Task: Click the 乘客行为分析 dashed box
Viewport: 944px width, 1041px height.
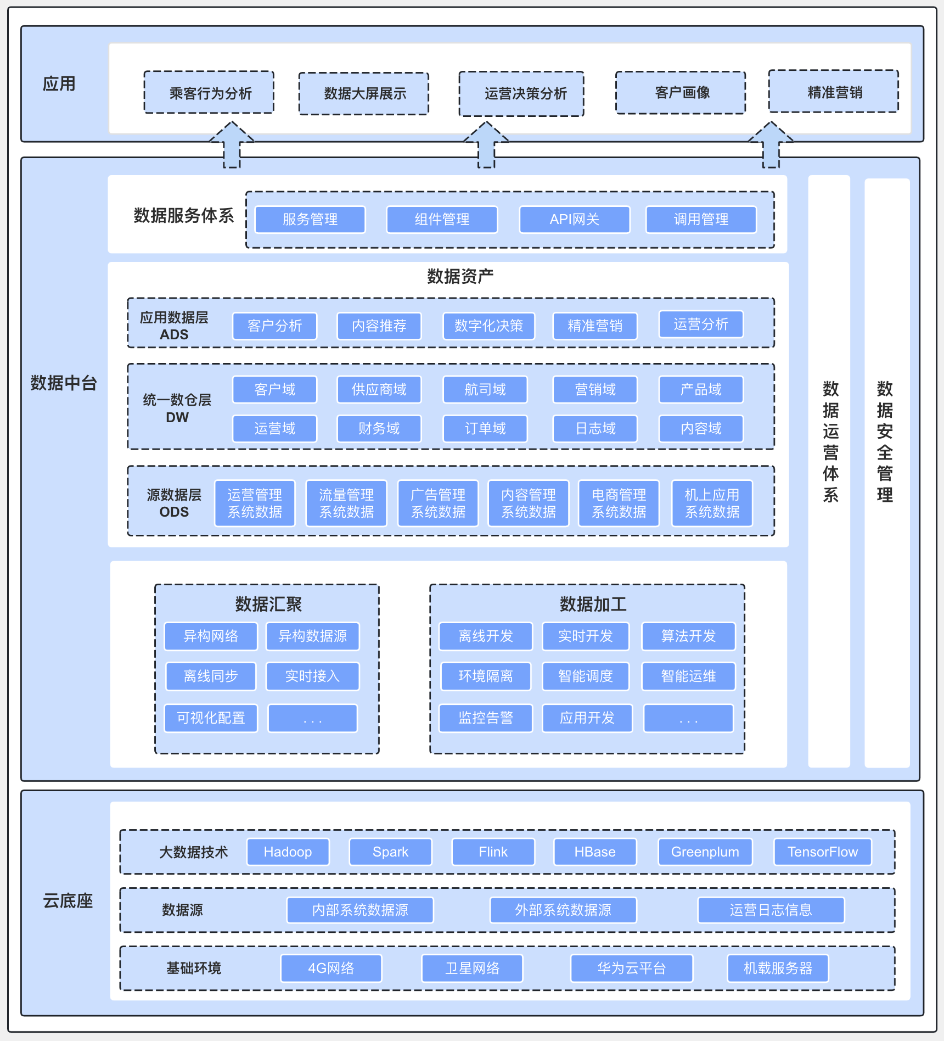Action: click(209, 92)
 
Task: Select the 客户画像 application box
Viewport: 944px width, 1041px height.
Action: click(681, 92)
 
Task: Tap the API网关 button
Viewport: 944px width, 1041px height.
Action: click(575, 220)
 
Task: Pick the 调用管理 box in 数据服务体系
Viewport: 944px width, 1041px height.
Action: click(701, 220)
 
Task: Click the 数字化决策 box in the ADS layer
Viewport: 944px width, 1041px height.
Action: click(489, 326)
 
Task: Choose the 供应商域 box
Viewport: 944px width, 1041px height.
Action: click(379, 390)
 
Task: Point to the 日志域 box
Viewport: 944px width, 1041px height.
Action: click(595, 429)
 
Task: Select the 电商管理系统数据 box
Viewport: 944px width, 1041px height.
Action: click(619, 503)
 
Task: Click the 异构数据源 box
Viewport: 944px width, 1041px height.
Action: click(313, 636)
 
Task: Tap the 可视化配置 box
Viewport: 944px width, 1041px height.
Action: click(211, 718)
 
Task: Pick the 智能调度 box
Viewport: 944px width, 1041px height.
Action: click(586, 676)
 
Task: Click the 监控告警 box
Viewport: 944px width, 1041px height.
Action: click(486, 718)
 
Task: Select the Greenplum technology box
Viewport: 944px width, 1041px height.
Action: click(705, 852)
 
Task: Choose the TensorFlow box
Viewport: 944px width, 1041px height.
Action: click(823, 852)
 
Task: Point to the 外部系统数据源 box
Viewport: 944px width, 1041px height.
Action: click(563, 910)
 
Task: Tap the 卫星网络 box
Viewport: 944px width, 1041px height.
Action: click(473, 968)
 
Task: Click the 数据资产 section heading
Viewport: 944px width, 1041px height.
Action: click(460, 276)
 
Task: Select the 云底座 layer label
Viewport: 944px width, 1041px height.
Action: click(68, 901)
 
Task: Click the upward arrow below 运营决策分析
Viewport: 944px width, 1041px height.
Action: click(486, 144)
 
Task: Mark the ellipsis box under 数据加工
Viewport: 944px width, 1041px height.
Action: click(688, 718)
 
